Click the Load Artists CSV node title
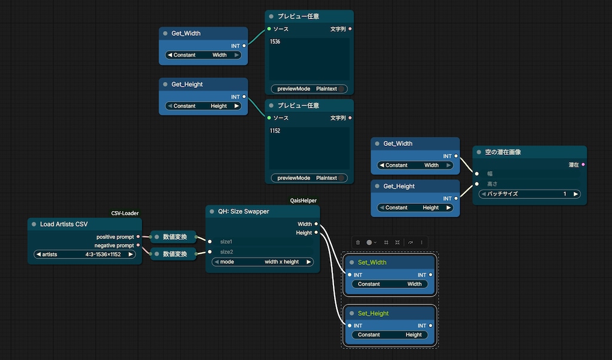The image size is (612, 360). [x=63, y=224]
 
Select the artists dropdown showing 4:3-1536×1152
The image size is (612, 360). [x=85, y=254]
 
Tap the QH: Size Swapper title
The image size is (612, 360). [x=243, y=211]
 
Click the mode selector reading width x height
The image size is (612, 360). [x=262, y=262]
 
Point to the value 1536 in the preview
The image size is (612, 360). [x=275, y=41]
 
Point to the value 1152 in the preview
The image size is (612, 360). [x=275, y=131]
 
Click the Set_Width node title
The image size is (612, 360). [x=372, y=263]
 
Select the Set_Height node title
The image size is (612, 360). [x=373, y=313]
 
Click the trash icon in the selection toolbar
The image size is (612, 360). [x=358, y=242]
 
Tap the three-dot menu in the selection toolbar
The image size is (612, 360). [x=421, y=242]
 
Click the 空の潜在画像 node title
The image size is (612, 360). [x=503, y=152]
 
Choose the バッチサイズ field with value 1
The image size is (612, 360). [x=530, y=194]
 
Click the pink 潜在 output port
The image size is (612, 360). [x=583, y=165]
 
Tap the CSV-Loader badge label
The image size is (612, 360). [x=125, y=213]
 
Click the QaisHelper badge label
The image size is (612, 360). [x=303, y=200]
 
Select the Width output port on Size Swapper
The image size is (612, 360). [x=316, y=224]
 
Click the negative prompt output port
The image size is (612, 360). [x=138, y=245]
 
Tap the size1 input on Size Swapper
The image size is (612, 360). [x=210, y=242]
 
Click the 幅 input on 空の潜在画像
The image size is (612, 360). [x=477, y=174]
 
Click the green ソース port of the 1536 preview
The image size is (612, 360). [x=270, y=29]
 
